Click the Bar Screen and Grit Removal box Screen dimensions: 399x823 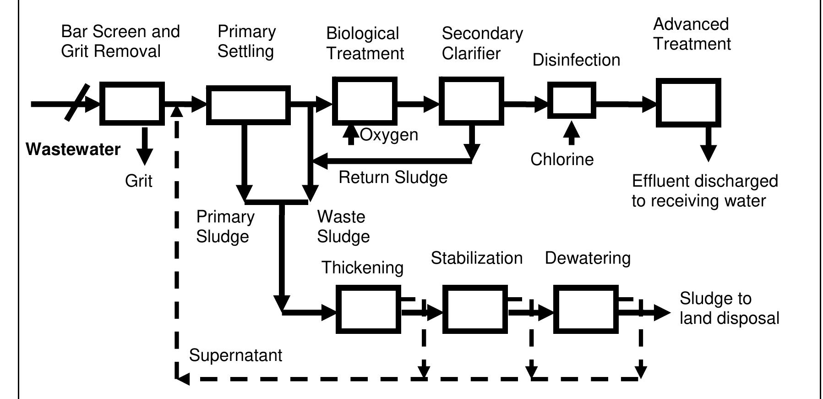132,104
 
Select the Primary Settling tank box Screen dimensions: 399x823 248,105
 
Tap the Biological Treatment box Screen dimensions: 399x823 364,101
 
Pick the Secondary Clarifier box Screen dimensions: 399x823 471,101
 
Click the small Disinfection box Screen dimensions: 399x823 572,100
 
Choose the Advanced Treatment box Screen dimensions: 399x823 688,102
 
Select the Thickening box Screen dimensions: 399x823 368,309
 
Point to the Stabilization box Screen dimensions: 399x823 475,309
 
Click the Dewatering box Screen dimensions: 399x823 586,309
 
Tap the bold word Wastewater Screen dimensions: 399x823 73,150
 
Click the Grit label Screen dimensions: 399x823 138,181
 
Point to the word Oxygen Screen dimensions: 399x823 389,135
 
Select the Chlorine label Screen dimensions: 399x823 562,160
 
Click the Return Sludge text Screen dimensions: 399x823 392,177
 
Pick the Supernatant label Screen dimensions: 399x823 235,355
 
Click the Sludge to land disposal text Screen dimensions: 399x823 729,308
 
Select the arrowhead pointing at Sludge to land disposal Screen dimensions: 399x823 662,313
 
